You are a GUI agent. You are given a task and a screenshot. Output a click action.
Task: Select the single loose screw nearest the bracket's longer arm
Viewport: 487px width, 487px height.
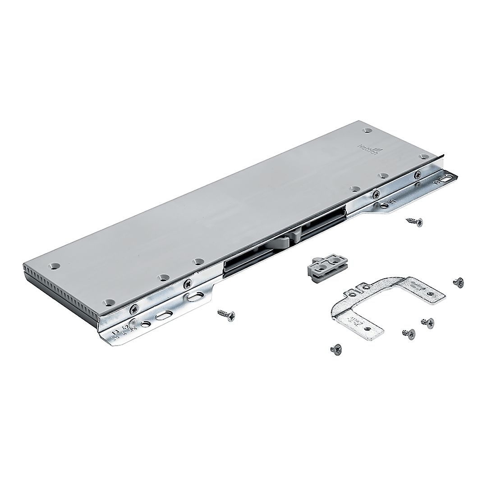point(459,281)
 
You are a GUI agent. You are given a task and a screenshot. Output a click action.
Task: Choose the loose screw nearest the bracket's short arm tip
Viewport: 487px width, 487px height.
point(335,349)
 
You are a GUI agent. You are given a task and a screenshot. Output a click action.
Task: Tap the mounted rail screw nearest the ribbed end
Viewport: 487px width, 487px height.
point(134,309)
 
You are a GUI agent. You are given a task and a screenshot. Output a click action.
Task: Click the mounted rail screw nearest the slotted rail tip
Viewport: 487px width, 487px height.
point(418,174)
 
